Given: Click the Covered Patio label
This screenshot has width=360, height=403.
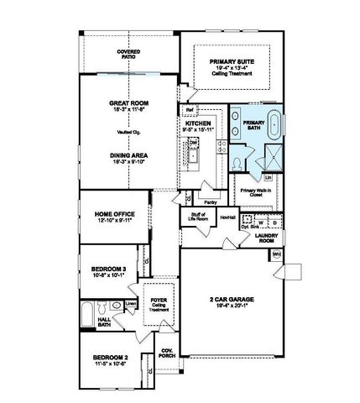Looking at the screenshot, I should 128,55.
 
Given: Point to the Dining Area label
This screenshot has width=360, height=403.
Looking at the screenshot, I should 128,155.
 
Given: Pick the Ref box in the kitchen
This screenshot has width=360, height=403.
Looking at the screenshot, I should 190,110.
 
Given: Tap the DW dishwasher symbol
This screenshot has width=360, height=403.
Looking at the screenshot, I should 193,144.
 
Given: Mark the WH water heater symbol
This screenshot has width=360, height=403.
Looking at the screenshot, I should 276,253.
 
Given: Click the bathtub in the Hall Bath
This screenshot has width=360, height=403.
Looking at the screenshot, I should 92,314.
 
